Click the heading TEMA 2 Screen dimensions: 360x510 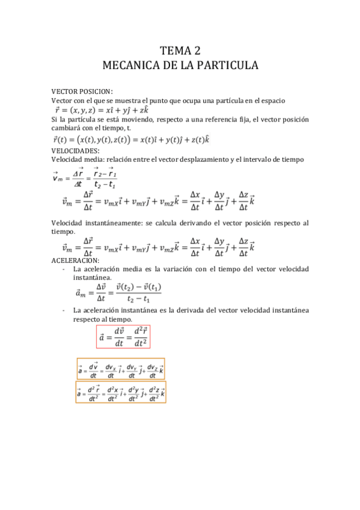pos(180,51)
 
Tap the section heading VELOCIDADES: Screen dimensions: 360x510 pos(76,150)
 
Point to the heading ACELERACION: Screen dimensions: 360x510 pos(76,259)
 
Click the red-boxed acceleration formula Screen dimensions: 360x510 pos(123,337)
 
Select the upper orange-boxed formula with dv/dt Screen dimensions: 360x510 pos(121,369)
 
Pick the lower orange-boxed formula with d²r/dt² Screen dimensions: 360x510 pos(121,392)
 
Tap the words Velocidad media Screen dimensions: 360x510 pos(75,159)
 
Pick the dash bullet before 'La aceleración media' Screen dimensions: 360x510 pos(64,269)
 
